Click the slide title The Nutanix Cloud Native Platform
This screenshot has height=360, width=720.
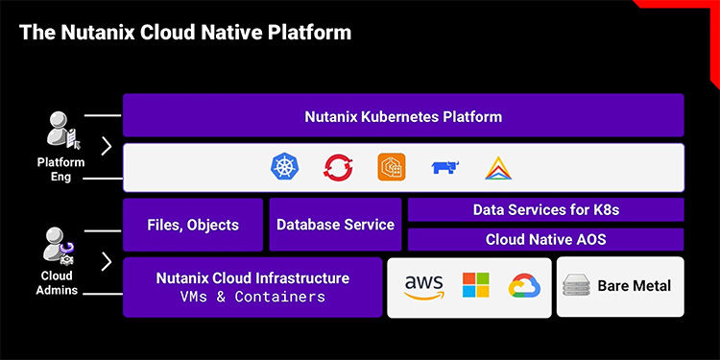185,33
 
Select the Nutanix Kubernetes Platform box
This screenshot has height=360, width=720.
403,116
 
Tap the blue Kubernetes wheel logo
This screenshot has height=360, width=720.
286,167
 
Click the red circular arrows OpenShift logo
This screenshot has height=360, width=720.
338,167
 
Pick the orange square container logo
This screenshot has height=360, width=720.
392,167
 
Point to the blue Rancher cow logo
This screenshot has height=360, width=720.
444,167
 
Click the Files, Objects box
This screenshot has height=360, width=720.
192,225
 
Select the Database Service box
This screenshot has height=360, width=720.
335,225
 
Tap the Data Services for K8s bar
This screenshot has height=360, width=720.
545,209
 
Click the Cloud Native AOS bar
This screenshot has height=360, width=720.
545,239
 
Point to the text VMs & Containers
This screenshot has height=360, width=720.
252,297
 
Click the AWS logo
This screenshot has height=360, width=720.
423,286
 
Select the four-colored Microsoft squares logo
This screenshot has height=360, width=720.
475,285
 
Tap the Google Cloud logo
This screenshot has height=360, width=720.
525,285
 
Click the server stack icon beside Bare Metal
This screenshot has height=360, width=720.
576,285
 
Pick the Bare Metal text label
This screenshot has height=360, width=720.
634,285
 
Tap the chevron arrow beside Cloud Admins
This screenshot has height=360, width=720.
106,261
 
